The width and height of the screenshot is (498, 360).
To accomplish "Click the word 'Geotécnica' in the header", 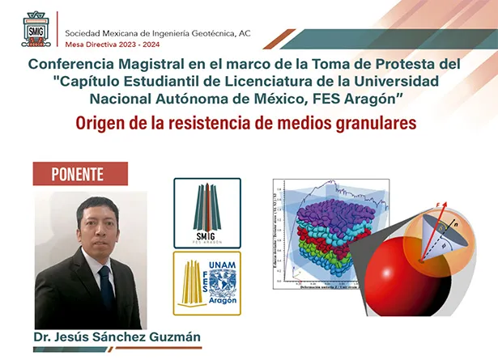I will [205, 33].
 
